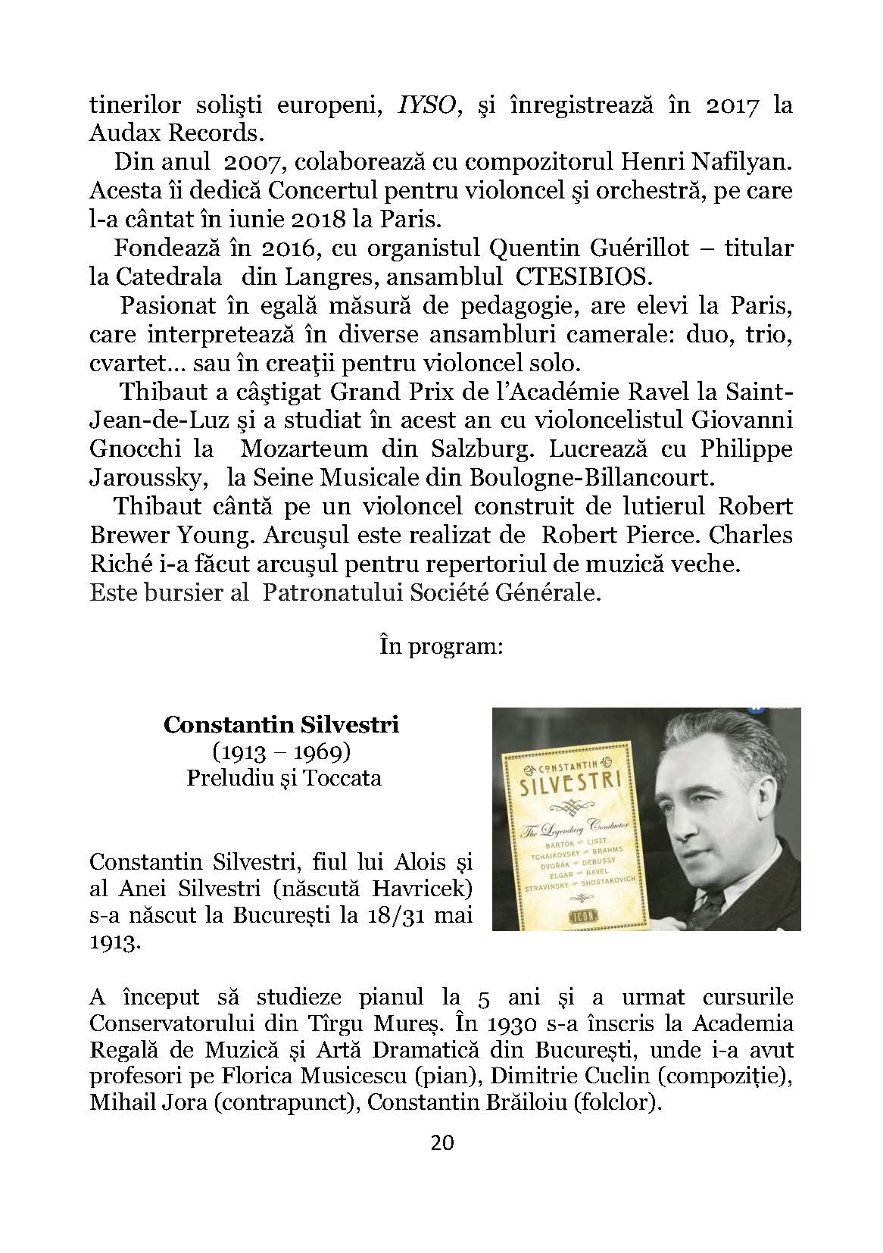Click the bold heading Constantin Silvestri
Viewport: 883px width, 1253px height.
tap(282, 725)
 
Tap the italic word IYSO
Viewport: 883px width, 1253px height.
tap(420, 105)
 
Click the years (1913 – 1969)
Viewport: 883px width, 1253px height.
tap(282, 751)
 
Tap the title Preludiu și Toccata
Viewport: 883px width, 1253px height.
tap(284, 778)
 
